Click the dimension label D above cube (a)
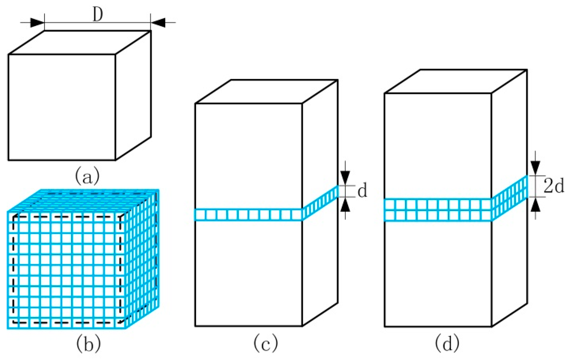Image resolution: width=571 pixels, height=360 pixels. point(98,15)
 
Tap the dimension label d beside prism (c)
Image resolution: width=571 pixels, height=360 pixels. point(362,191)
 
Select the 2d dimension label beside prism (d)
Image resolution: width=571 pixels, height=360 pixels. point(554,186)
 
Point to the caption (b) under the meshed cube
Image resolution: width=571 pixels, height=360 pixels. point(88,343)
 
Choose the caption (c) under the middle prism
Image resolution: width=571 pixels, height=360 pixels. point(266,343)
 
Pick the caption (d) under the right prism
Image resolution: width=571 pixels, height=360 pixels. point(447,343)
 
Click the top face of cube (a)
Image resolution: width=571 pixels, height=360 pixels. point(80,42)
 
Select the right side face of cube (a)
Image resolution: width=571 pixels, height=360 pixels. point(133,96)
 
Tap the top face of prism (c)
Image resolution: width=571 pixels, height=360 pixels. point(267,91)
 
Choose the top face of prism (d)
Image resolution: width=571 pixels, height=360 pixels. point(456,81)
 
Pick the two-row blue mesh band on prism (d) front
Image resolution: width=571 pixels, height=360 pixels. point(438,210)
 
